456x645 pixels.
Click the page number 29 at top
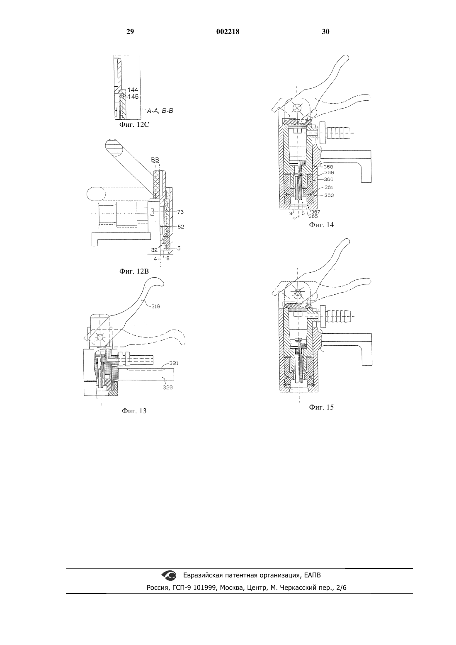coord(130,32)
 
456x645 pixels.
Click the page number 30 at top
coord(325,32)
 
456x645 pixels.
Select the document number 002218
coord(228,32)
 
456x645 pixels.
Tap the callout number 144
coord(133,90)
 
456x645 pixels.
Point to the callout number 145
coord(133,97)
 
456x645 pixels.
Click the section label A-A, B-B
coord(160,111)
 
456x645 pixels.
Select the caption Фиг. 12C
coord(134,125)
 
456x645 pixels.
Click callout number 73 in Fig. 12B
coord(180,212)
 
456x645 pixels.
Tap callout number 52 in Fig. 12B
coord(181,227)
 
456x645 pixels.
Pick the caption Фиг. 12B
coord(134,271)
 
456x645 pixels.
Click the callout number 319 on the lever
coord(156,306)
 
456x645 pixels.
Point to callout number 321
coord(174,363)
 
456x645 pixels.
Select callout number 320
coord(167,388)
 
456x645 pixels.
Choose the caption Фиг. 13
coord(134,411)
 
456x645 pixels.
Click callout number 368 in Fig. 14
coord(328,167)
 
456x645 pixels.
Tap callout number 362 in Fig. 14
coord(329,195)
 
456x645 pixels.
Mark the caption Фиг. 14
coord(321,225)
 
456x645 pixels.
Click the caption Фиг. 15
coord(321,407)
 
